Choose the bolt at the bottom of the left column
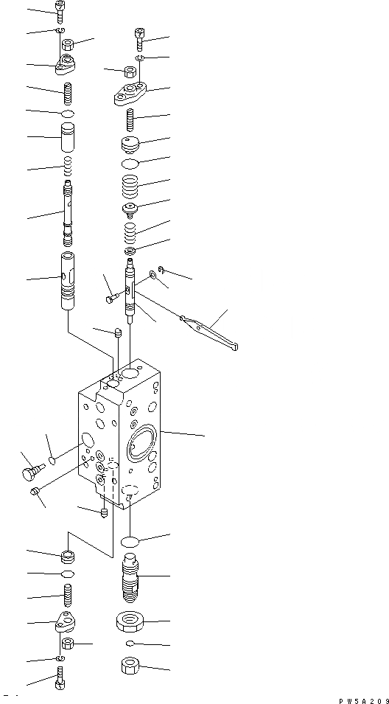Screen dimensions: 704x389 pyautogui.click(x=60, y=682)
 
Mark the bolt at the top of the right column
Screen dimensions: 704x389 pyautogui.click(x=139, y=35)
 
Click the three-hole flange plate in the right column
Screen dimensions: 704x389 pyautogui.click(x=130, y=93)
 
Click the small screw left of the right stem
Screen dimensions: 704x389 pyautogui.click(x=112, y=298)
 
